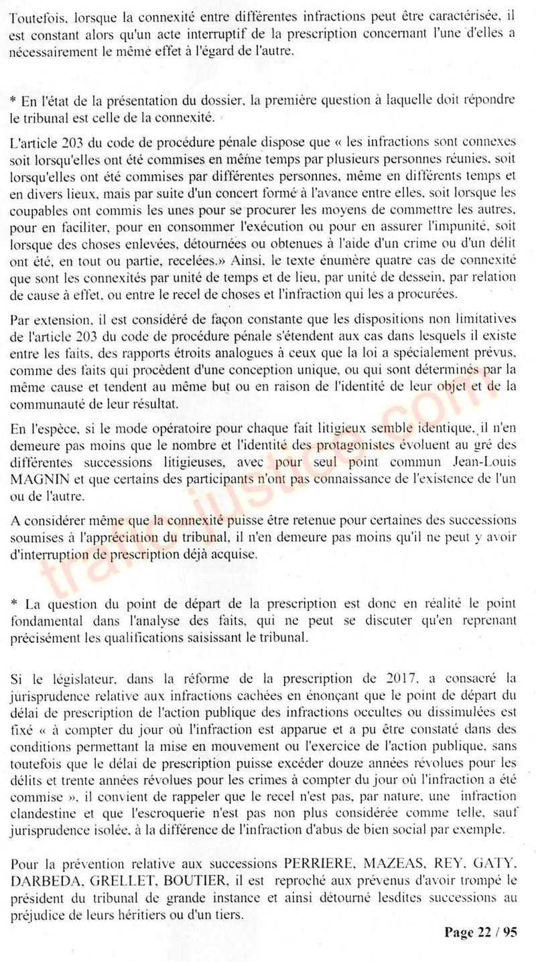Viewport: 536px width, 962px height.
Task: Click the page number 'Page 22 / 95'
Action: click(x=480, y=933)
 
